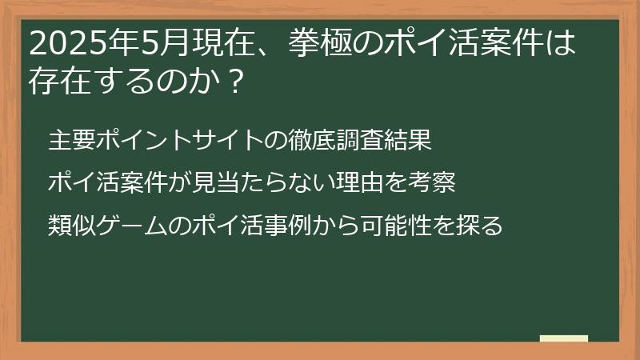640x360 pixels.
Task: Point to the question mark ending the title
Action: [233, 81]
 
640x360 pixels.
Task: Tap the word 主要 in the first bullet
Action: [71, 141]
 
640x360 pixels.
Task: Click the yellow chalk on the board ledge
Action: [563, 339]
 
